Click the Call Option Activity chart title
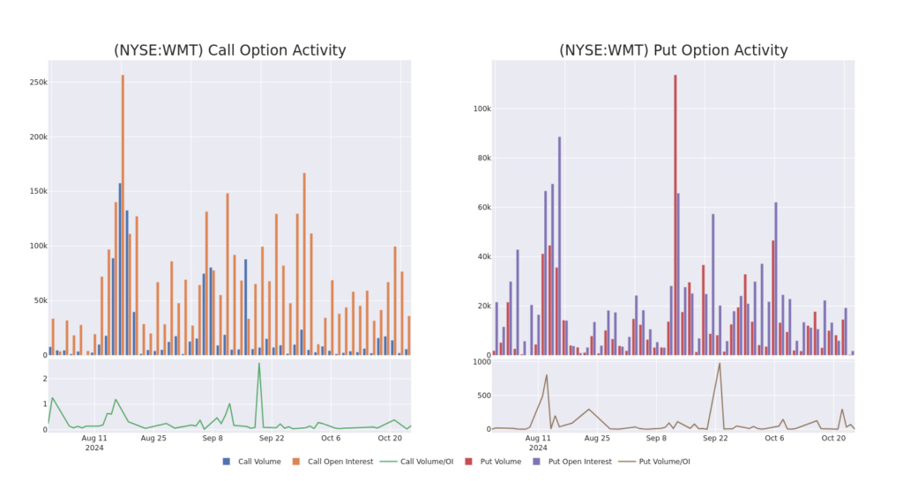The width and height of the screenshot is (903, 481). click(x=229, y=50)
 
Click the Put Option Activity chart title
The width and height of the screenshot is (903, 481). click(x=674, y=50)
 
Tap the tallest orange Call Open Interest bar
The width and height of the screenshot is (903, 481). click(x=123, y=211)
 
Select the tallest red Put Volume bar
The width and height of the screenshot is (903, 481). click(x=675, y=211)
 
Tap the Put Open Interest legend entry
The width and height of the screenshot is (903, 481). click(x=574, y=461)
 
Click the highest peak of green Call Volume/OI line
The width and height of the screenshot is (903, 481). click(x=259, y=364)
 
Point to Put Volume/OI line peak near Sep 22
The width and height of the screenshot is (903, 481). click(x=719, y=364)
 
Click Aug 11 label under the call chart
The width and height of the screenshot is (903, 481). click(x=94, y=437)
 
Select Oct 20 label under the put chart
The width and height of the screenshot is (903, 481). click(x=834, y=437)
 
